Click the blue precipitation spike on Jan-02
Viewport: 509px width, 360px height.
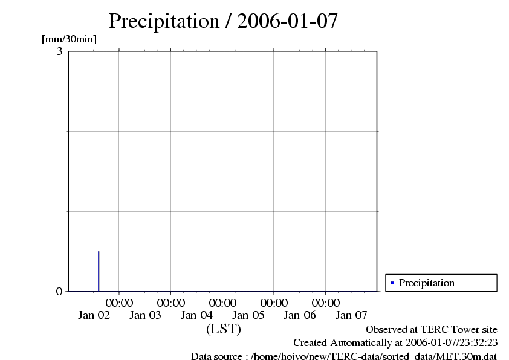click(99, 270)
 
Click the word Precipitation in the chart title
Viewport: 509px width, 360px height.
click(164, 21)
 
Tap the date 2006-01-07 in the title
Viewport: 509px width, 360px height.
click(288, 21)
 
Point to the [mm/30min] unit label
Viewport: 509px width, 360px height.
click(69, 39)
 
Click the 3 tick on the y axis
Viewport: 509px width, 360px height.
click(60, 51)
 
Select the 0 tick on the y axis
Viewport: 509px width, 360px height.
click(59, 291)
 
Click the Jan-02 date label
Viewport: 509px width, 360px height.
click(94, 315)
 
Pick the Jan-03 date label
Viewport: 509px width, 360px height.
click(145, 315)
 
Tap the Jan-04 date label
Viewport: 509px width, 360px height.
click(197, 315)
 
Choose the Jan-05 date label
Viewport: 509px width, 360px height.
click(248, 315)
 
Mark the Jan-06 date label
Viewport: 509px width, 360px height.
click(300, 315)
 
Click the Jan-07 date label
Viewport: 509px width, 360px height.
click(351, 315)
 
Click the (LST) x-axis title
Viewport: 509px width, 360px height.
click(223, 329)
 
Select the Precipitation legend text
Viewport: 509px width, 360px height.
click(426, 283)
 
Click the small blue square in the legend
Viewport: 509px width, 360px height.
click(392, 283)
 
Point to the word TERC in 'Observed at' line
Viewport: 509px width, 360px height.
click(427, 329)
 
